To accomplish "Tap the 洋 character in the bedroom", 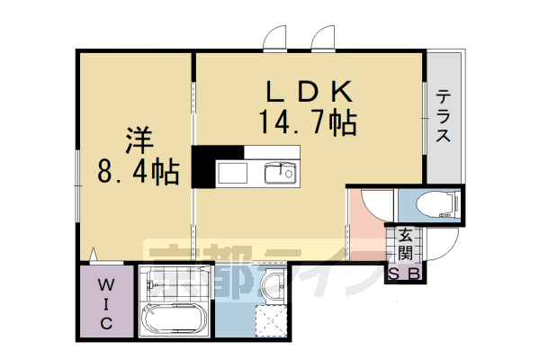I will click(137, 140).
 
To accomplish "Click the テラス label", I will click(443, 118).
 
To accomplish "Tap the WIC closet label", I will click(104, 302).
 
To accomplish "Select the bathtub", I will click(175, 319).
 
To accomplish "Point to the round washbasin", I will click(274, 289).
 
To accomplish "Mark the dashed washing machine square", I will click(271, 319).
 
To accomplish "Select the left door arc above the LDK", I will click(274, 39).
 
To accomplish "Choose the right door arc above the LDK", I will click(322, 39).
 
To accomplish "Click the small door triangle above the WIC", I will click(94, 255).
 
